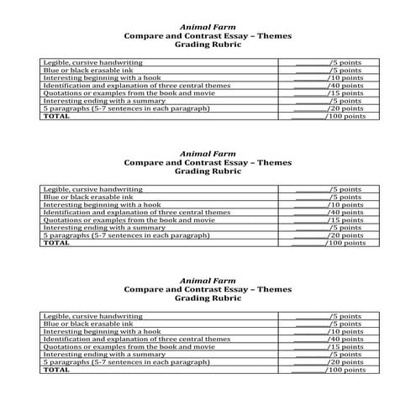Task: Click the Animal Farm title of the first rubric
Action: pyautogui.click(x=207, y=27)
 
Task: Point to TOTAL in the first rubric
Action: pyautogui.click(x=56, y=116)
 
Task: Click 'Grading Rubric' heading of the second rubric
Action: pyautogui.click(x=207, y=171)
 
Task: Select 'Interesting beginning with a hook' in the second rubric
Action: pyautogui.click(x=101, y=205)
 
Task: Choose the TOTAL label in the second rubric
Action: pyautogui.click(x=56, y=243)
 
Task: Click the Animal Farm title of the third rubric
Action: pyautogui.click(x=207, y=279)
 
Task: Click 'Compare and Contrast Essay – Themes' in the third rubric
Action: pyautogui.click(x=207, y=288)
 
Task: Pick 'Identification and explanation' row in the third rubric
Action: pyautogui.click(x=136, y=339)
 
